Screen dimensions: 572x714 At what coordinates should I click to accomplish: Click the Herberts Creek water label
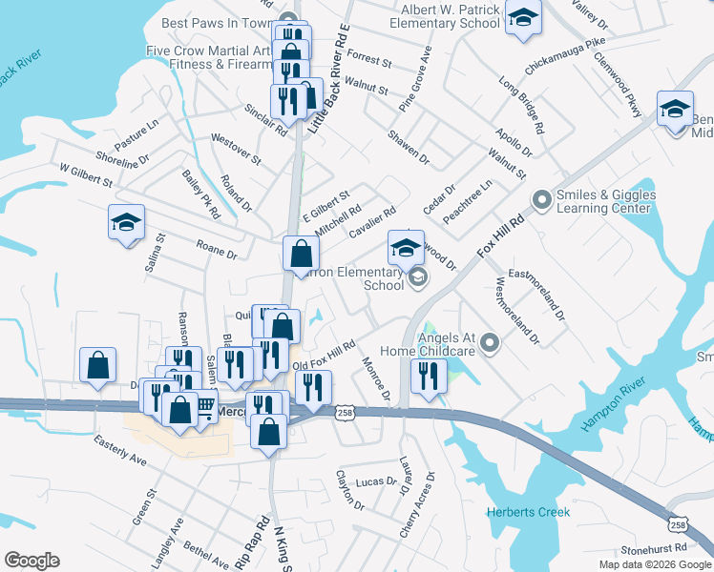click(x=528, y=512)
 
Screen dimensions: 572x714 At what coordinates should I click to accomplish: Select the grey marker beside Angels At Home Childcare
click(x=490, y=341)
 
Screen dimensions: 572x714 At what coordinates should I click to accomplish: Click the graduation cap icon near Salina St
click(x=126, y=223)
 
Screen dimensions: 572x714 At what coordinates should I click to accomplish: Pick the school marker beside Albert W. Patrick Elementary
click(x=523, y=18)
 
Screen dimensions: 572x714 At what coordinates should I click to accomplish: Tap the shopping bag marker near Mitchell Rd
click(x=301, y=255)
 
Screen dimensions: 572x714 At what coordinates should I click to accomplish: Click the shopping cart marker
click(x=204, y=407)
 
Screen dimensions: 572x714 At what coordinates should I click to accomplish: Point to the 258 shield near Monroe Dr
click(x=345, y=411)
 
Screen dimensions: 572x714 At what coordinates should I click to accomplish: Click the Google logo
click(x=31, y=561)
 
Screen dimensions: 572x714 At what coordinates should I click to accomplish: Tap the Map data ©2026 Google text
click(x=655, y=564)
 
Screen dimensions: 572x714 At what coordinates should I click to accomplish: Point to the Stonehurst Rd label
click(x=654, y=549)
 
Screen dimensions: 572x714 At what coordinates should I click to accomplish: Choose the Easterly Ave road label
click(x=120, y=450)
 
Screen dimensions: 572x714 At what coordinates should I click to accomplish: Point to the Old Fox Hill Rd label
click(x=325, y=355)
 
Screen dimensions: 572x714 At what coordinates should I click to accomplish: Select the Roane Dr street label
click(x=217, y=251)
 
